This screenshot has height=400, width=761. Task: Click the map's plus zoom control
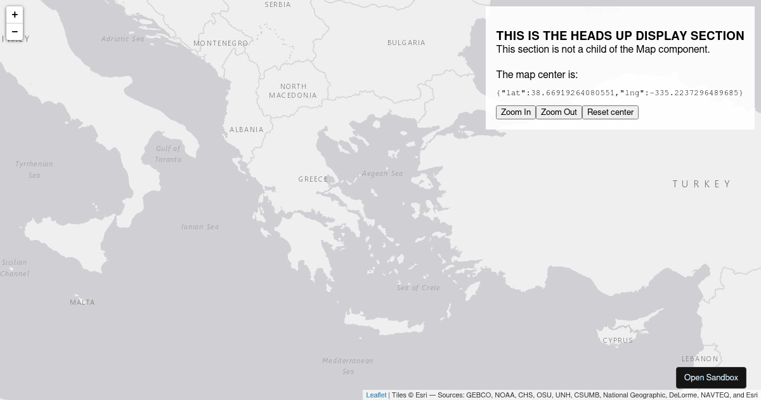point(15,15)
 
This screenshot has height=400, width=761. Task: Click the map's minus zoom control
point(15,32)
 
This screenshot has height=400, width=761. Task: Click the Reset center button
point(610,112)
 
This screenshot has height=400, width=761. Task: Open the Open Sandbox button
point(711,378)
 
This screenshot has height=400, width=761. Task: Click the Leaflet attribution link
point(376,395)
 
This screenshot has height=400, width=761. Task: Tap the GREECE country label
point(313,179)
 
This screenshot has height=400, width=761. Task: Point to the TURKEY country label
point(702,184)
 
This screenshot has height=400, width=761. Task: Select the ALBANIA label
point(247,130)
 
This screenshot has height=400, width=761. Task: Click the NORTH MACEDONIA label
point(293,91)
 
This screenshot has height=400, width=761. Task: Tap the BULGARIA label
point(407,43)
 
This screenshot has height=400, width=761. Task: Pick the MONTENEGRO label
point(221,43)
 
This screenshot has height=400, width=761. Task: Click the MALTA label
point(82,302)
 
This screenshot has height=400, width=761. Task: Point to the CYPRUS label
point(618,340)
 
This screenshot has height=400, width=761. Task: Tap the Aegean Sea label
point(382,173)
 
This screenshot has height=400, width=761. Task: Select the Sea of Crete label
point(419,288)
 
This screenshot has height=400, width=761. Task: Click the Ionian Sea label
point(200,227)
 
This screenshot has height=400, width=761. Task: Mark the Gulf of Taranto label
point(168,154)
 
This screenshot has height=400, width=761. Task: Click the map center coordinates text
point(620,93)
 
